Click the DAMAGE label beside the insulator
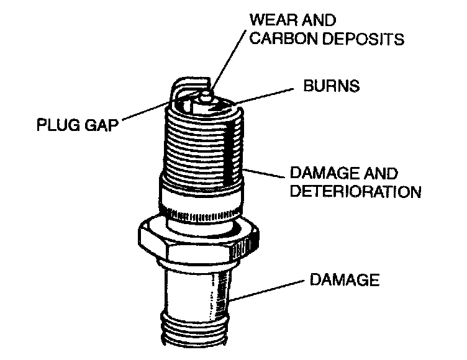[x=343, y=280]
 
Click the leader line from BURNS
[x=267, y=92]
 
